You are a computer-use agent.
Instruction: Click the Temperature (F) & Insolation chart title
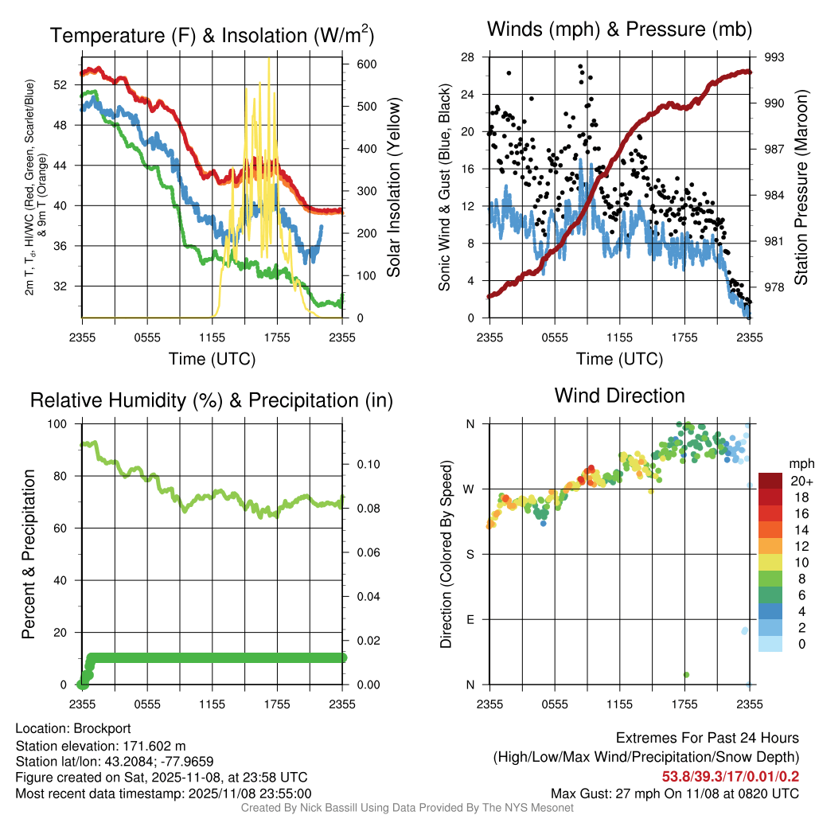[x=212, y=35]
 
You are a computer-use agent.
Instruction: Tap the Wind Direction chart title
[x=619, y=396]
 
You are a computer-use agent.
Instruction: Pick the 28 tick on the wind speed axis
[x=468, y=57]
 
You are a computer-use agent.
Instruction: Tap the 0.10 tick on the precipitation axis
[x=365, y=464]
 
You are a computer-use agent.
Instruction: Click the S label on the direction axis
[x=470, y=554]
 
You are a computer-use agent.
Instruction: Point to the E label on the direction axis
[x=470, y=619]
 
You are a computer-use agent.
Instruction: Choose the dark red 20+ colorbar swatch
[x=770, y=481]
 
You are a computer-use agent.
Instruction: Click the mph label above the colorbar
[x=798, y=463]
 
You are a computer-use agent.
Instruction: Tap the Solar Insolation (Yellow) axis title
[x=394, y=187]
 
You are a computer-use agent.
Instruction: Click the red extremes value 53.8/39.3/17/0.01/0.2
[x=731, y=776]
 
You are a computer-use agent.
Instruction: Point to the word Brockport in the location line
[x=102, y=728]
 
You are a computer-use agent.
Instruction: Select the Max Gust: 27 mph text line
[x=675, y=794]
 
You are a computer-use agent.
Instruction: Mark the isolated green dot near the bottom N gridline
[x=686, y=675]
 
